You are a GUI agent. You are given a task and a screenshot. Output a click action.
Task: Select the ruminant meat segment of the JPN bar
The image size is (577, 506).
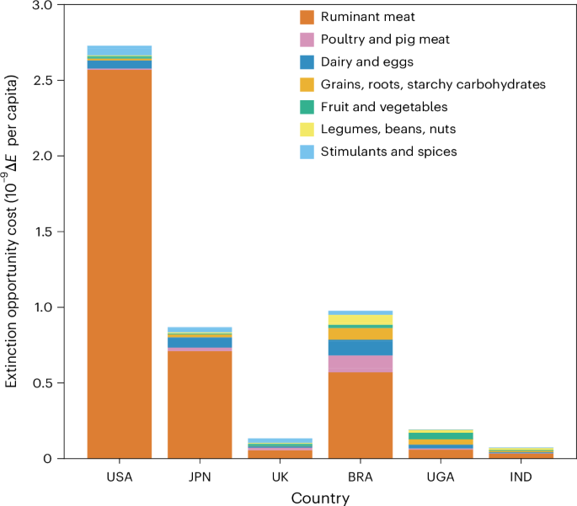pos(200,404)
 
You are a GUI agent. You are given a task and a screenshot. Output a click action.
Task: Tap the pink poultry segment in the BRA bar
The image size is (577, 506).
pos(361,364)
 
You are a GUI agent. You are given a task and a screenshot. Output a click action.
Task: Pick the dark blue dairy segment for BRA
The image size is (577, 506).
pos(361,347)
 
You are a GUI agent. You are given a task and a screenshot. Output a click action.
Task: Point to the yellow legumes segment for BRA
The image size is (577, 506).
pos(361,320)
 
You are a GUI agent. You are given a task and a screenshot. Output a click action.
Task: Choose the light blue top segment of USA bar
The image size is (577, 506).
pos(120,51)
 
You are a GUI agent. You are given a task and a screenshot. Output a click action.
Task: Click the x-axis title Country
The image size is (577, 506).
pos(320,498)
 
